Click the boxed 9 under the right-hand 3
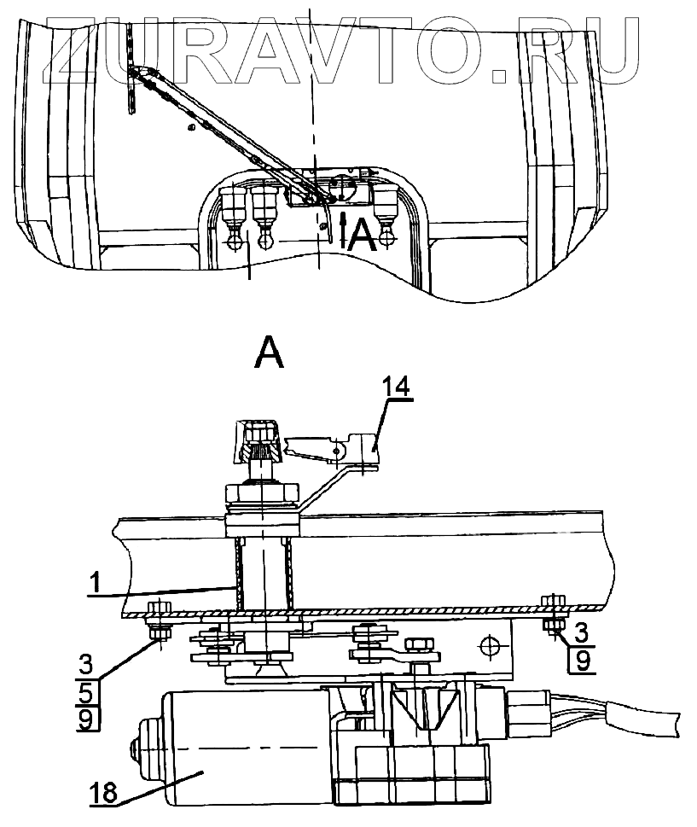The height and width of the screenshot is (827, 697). (581, 661)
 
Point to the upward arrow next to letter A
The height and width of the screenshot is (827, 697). (343, 229)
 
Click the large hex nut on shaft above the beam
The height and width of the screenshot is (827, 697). (260, 495)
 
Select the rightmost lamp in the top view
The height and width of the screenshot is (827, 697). (387, 210)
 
